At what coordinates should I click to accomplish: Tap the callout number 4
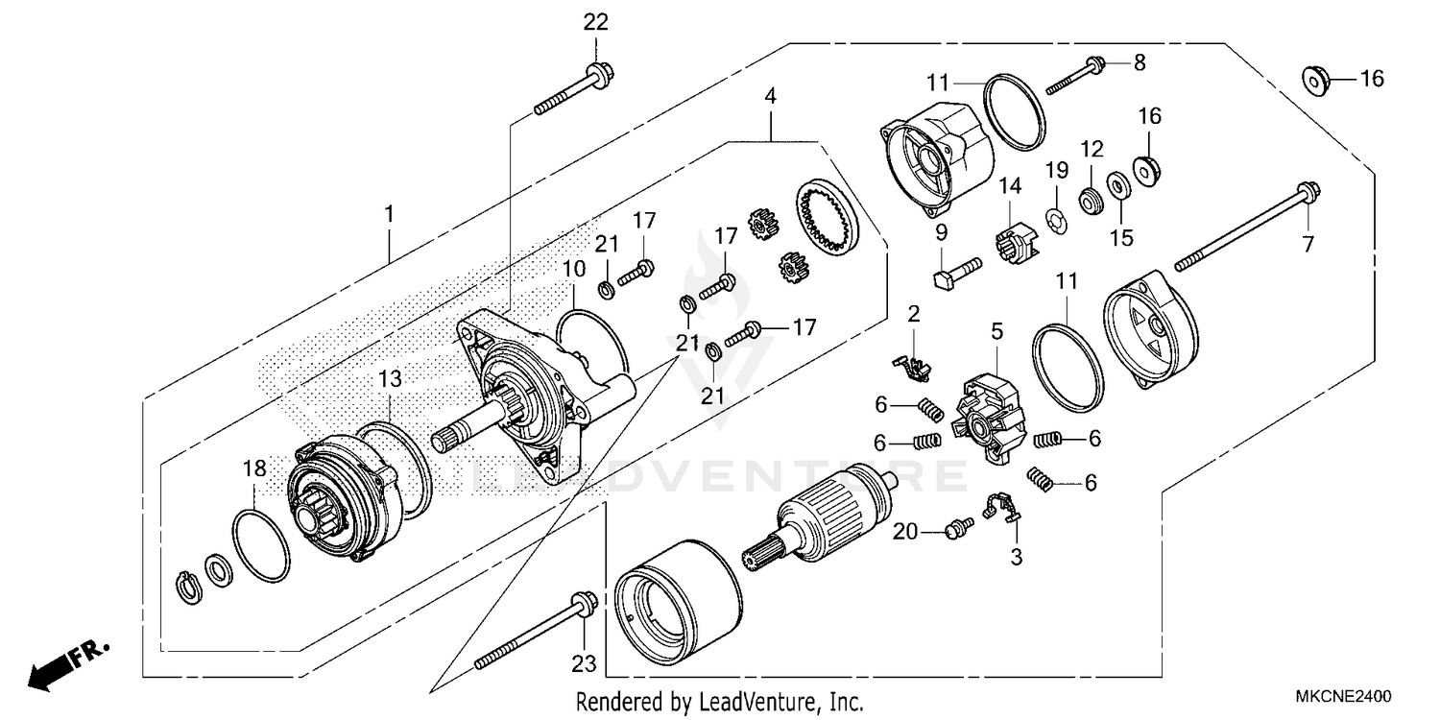(770, 96)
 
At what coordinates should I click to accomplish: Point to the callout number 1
(389, 214)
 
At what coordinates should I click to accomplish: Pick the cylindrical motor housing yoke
(678, 602)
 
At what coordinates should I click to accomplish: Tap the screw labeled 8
(1074, 75)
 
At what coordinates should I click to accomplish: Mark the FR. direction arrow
(67, 663)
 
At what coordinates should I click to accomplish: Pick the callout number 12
(1092, 149)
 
